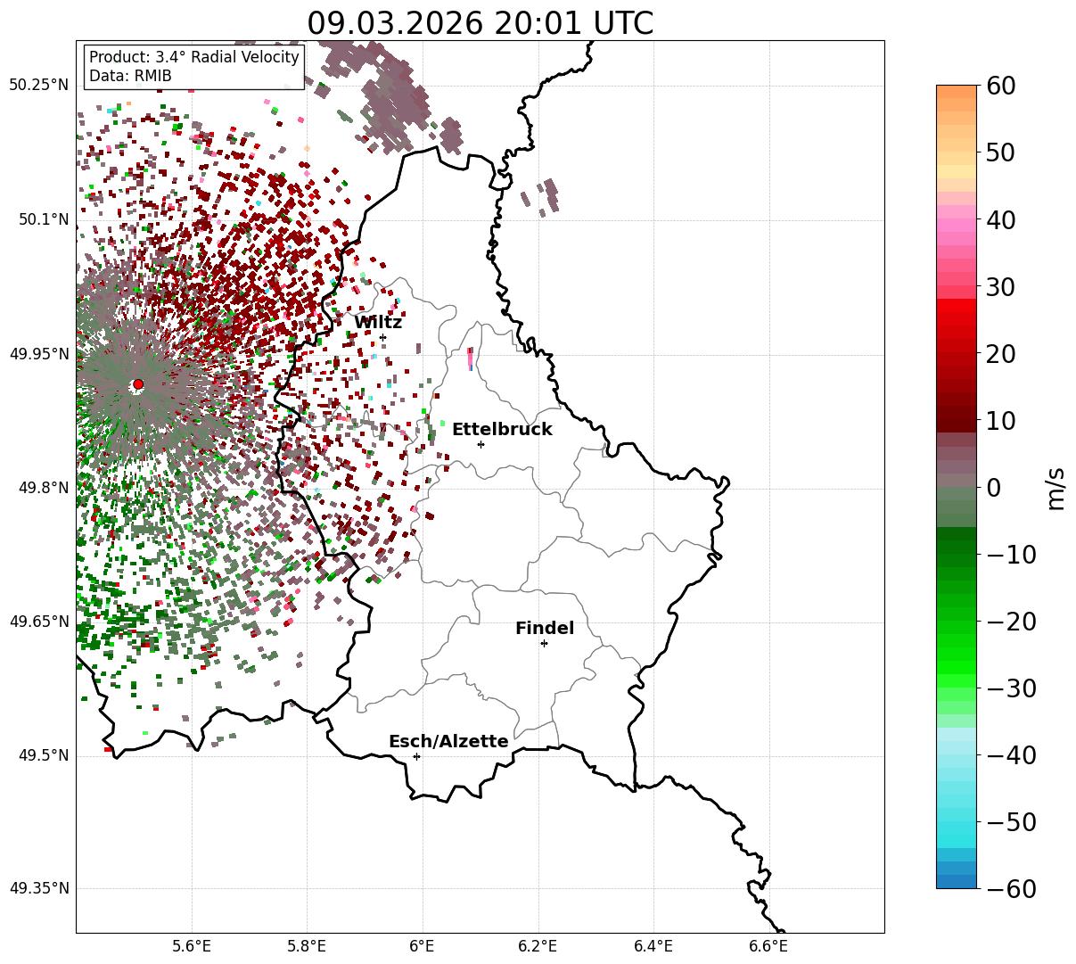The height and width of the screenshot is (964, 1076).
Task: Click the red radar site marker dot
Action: click(138, 384)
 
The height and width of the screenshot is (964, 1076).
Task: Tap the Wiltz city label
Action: click(378, 323)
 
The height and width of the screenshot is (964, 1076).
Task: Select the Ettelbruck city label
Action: click(502, 430)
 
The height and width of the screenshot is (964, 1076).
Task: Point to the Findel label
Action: click(545, 629)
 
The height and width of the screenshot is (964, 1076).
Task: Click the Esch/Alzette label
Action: click(448, 742)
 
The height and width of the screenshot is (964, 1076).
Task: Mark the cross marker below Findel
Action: click(544, 643)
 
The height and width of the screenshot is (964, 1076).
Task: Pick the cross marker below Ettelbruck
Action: click(481, 444)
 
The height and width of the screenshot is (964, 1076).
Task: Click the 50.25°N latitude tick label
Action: click(38, 86)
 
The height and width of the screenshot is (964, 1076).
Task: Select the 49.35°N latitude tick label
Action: click(38, 888)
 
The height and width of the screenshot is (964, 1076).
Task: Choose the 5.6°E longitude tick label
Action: click(192, 945)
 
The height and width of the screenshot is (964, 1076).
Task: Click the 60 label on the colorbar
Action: click(1003, 87)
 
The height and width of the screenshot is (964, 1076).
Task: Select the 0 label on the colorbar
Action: click(993, 488)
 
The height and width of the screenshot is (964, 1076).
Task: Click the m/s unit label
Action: click(1056, 488)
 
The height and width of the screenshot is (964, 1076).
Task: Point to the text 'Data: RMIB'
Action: click(130, 76)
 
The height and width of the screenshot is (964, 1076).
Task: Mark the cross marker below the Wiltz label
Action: click(383, 337)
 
